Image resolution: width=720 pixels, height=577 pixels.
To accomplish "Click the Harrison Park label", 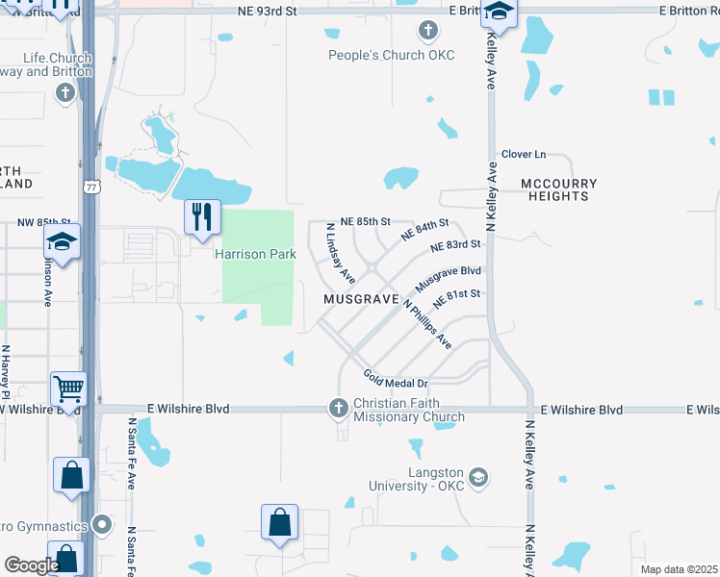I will pyautogui.click(x=255, y=255).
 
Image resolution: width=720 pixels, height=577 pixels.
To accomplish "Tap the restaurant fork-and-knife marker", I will pyautogui.click(x=202, y=216).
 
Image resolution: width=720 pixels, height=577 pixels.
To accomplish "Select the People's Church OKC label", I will pyautogui.click(x=391, y=55).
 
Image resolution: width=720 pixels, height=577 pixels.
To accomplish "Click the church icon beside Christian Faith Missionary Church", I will pyautogui.click(x=338, y=410).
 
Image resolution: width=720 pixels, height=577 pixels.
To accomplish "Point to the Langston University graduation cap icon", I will pyautogui.click(x=478, y=477).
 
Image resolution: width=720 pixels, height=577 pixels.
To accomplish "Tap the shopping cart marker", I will pyautogui.click(x=69, y=389).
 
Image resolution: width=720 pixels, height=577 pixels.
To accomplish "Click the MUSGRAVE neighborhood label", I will pyautogui.click(x=361, y=300).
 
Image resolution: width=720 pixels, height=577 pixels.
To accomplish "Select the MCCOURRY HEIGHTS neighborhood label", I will pyautogui.click(x=558, y=189).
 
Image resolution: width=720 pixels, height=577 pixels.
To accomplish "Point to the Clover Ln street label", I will pyautogui.click(x=524, y=154).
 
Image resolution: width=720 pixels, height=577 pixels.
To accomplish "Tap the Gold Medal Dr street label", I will pyautogui.click(x=395, y=379).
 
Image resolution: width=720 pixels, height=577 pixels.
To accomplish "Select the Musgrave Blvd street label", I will pyautogui.click(x=448, y=280).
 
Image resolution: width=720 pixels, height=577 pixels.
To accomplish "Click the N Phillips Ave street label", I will pyautogui.click(x=427, y=323).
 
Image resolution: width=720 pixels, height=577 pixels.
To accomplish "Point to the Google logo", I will pyautogui.click(x=32, y=565).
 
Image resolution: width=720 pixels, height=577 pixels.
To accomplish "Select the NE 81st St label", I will pyautogui.click(x=456, y=298).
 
